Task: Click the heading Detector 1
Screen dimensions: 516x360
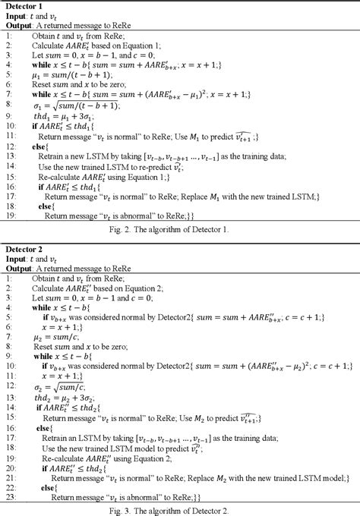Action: coord(25,7)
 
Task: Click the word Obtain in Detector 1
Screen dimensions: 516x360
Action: coord(46,35)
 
